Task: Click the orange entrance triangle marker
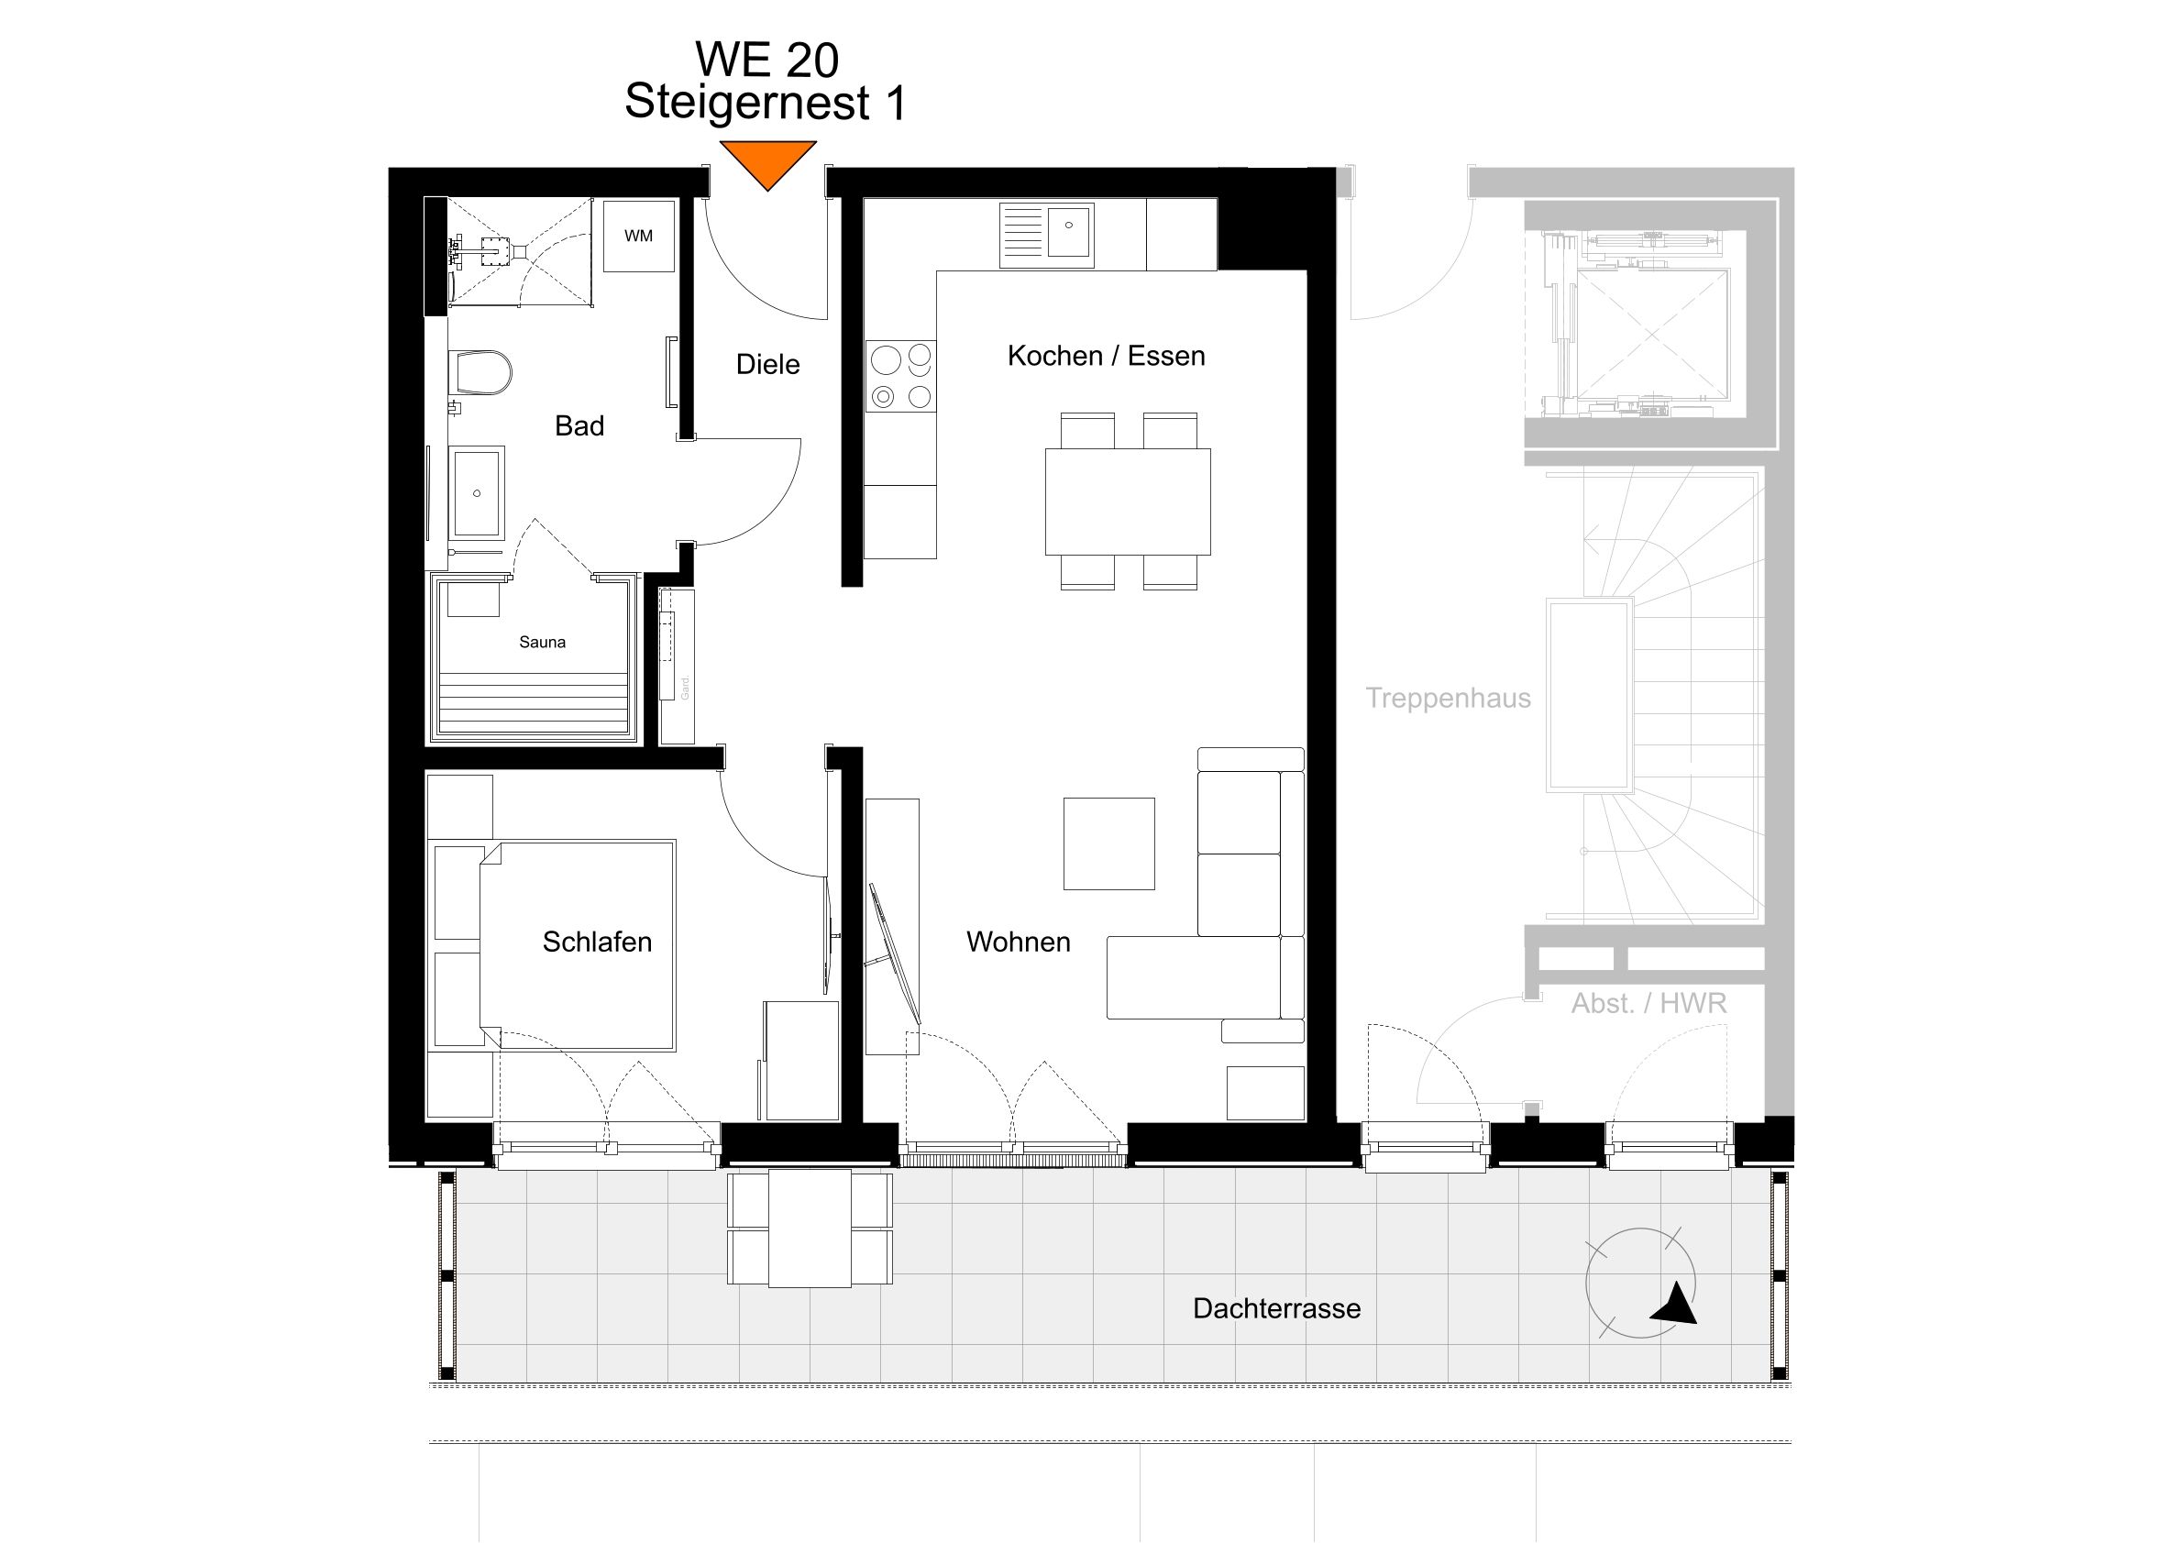click(x=767, y=161)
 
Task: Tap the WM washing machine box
click(x=639, y=236)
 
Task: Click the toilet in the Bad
click(x=483, y=371)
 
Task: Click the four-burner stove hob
click(x=900, y=377)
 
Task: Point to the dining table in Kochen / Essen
click(x=1128, y=501)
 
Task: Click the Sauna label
click(x=542, y=643)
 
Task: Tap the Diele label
click(x=767, y=364)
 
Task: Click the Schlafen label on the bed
click(x=597, y=942)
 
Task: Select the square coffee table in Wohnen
click(x=1108, y=843)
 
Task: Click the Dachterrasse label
click(x=1276, y=1308)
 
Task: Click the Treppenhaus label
click(x=1447, y=698)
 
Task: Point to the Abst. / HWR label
click(x=1648, y=1003)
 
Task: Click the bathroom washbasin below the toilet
click(x=479, y=492)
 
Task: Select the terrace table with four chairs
click(x=810, y=1229)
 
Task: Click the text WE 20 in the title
click(x=766, y=60)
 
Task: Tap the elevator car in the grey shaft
click(x=1651, y=334)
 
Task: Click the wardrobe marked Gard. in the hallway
click(x=677, y=666)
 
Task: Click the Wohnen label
click(x=1019, y=942)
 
